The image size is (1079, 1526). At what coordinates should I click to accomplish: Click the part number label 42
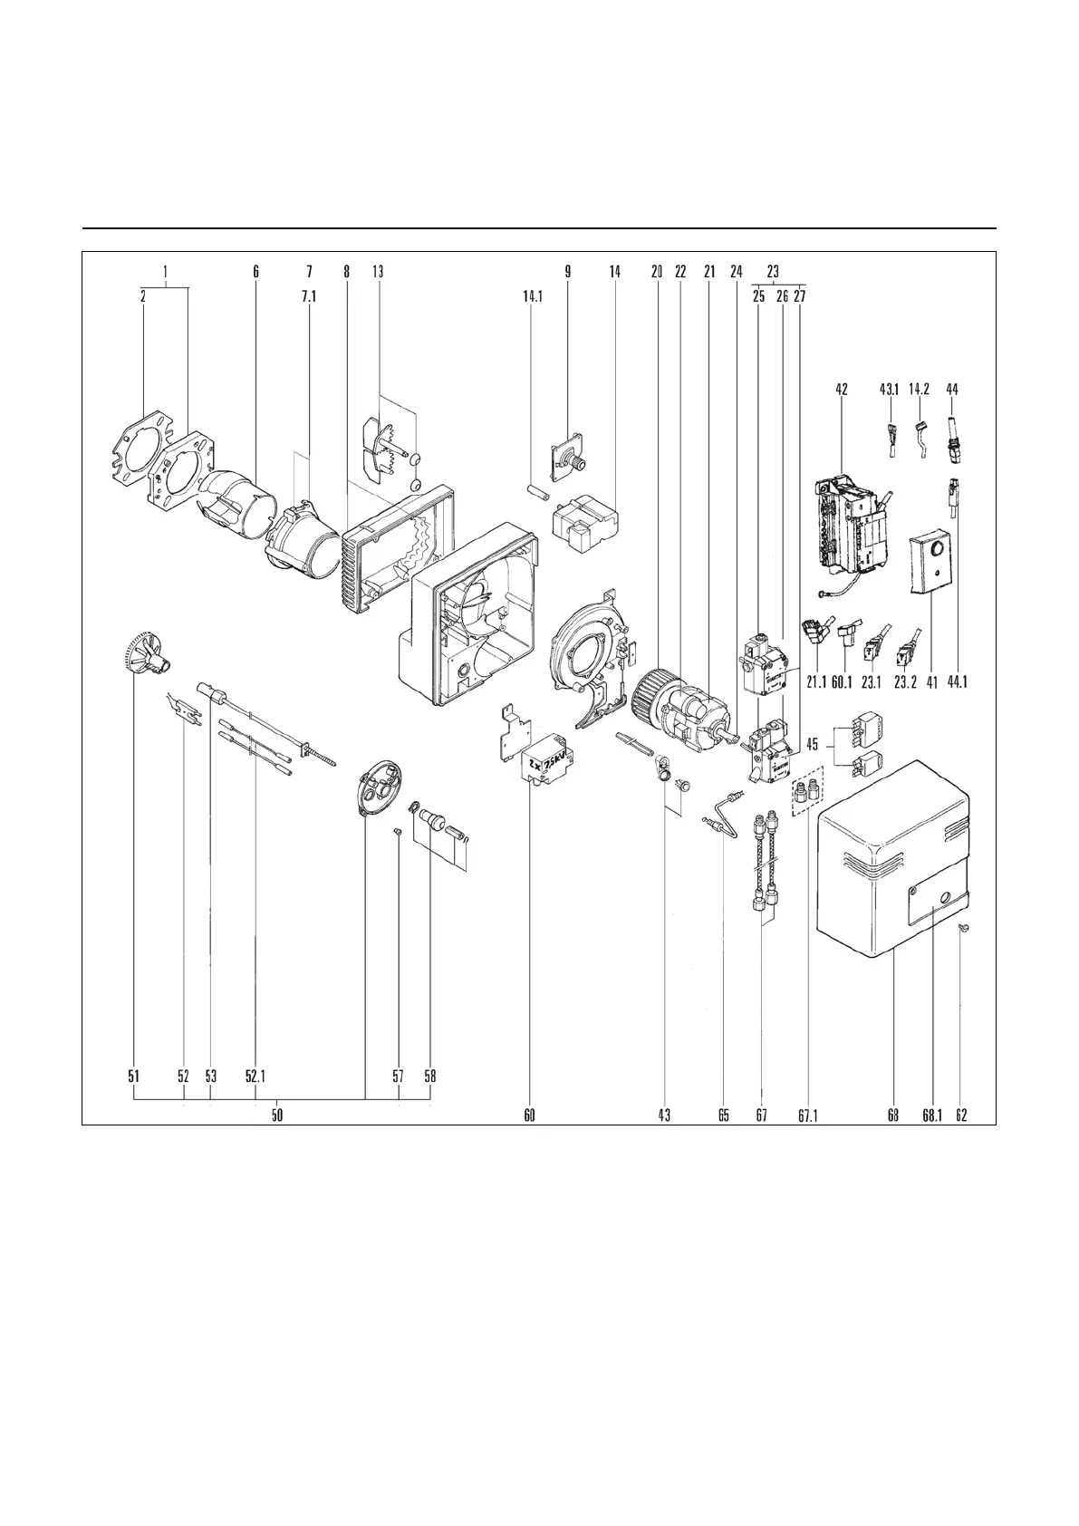pos(842,390)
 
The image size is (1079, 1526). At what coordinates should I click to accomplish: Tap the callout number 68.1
pos(932,1116)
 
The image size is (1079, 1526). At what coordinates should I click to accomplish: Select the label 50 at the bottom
pos(277,1116)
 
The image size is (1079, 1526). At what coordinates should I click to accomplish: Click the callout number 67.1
pos(808,1116)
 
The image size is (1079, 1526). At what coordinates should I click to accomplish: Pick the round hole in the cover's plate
pos(946,898)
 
